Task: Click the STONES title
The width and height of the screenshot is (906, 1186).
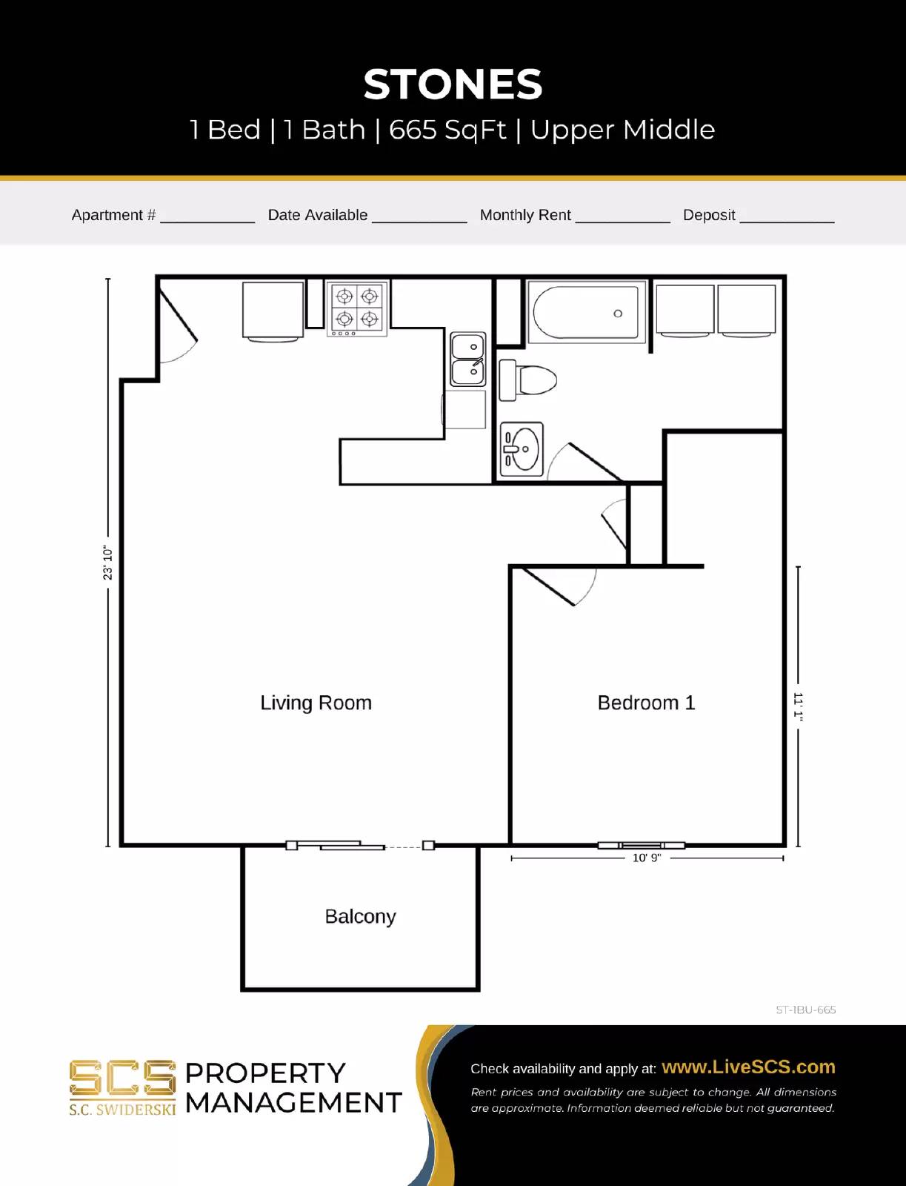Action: pyautogui.click(x=453, y=85)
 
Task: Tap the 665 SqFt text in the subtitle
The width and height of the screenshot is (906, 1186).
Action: pyautogui.click(x=447, y=130)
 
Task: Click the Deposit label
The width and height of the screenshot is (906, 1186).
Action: pyautogui.click(x=709, y=215)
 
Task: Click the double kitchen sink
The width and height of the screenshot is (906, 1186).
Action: pyautogui.click(x=468, y=360)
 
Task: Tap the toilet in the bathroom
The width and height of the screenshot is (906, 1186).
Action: pyautogui.click(x=528, y=380)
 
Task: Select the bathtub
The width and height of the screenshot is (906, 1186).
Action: pyautogui.click(x=586, y=313)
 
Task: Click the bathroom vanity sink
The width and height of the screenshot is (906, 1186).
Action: pyautogui.click(x=522, y=449)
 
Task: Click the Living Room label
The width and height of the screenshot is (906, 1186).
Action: pyautogui.click(x=316, y=703)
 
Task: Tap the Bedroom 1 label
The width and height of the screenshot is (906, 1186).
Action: pyautogui.click(x=646, y=703)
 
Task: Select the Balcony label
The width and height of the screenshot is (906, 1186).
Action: pyautogui.click(x=360, y=917)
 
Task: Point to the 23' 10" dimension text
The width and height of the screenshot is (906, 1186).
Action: pyautogui.click(x=108, y=563)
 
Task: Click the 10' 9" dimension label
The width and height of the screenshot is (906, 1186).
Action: pyautogui.click(x=646, y=858)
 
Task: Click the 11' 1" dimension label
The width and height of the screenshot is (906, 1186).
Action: pyautogui.click(x=798, y=705)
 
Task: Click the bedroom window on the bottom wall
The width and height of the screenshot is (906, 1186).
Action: pyautogui.click(x=642, y=845)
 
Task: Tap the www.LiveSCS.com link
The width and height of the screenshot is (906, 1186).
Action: pyautogui.click(x=748, y=1067)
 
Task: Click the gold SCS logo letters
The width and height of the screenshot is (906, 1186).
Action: pyautogui.click(x=122, y=1079)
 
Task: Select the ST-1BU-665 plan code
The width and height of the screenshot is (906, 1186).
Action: pyautogui.click(x=805, y=1010)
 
